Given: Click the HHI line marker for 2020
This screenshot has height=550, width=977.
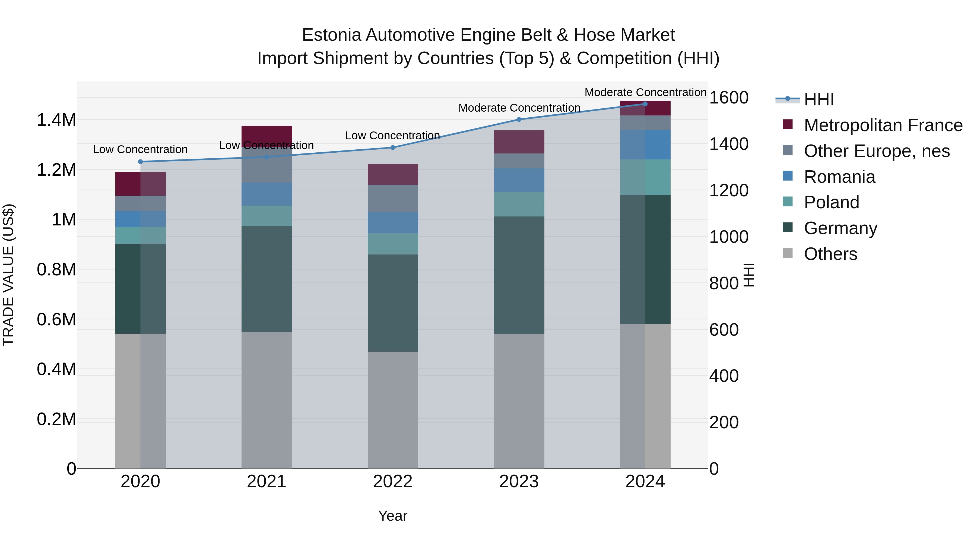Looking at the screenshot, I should click(140, 162).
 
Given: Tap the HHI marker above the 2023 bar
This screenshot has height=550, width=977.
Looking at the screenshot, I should click(519, 120).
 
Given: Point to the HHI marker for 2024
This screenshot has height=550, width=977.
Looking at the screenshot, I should click(645, 104).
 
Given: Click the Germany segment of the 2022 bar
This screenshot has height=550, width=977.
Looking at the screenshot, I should click(393, 303).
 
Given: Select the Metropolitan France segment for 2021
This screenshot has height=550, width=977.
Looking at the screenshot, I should click(267, 136).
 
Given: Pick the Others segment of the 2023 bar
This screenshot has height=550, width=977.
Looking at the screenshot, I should click(519, 401).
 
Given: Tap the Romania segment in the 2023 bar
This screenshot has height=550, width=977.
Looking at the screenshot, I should click(519, 180).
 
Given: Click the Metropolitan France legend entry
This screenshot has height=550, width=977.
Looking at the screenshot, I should click(883, 125).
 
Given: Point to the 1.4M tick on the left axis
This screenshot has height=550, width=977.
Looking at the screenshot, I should click(56, 120).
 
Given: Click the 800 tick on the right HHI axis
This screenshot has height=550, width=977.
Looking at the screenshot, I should click(724, 283).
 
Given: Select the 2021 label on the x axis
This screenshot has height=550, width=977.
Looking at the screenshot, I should click(267, 482).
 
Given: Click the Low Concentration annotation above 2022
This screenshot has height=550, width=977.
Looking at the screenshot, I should click(392, 136).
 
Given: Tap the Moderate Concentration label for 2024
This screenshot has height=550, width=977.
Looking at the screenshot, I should click(645, 92).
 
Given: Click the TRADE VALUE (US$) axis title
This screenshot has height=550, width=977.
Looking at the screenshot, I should click(8, 275).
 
